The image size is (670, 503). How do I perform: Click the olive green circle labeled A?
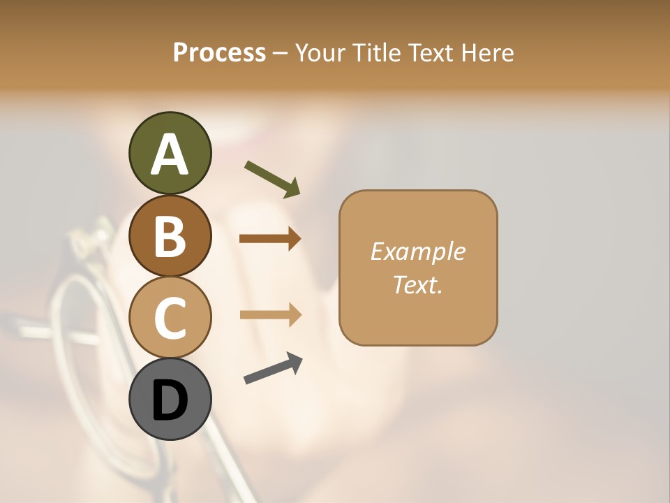[170, 153]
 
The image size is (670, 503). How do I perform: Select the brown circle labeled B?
[170, 235]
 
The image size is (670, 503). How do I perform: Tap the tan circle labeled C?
[170, 317]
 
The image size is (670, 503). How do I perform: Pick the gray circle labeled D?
[170, 399]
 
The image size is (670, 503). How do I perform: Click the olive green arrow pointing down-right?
[272, 178]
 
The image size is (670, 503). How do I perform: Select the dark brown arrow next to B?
[270, 239]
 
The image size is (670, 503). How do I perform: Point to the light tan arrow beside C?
[270, 316]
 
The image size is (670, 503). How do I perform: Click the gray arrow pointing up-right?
[273, 368]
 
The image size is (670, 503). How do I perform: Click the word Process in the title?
[219, 52]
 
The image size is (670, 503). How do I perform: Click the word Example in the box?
[417, 251]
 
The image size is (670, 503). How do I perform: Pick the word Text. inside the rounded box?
[417, 284]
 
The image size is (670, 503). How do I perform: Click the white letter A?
[170, 154]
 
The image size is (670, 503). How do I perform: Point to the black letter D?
[170, 400]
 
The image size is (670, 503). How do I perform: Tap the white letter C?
[170, 319]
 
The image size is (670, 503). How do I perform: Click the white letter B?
[170, 236]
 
